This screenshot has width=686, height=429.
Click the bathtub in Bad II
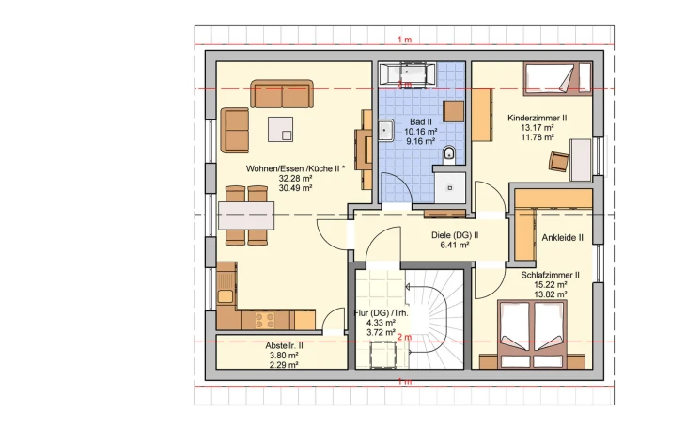407,74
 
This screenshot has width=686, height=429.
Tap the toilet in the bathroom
449,154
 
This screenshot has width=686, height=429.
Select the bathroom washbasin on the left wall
385,130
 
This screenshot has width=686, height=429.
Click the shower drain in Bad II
450,188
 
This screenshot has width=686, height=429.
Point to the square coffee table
280,129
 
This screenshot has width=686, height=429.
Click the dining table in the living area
246,215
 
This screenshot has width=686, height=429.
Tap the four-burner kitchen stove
265,320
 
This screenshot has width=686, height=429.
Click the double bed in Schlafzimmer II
532,334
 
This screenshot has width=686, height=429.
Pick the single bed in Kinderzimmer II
557,78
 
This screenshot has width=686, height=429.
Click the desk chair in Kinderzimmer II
559,161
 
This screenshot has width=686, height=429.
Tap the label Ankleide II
562,237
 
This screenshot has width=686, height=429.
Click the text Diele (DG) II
455,235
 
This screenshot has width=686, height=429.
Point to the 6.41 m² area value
455,245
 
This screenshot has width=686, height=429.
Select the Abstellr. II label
284,346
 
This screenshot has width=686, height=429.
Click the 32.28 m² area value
295,179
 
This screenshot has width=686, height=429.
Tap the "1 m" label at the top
405,40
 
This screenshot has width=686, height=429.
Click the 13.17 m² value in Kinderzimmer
538,128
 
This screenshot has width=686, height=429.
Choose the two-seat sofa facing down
282,94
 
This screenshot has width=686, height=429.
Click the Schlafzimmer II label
550,276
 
